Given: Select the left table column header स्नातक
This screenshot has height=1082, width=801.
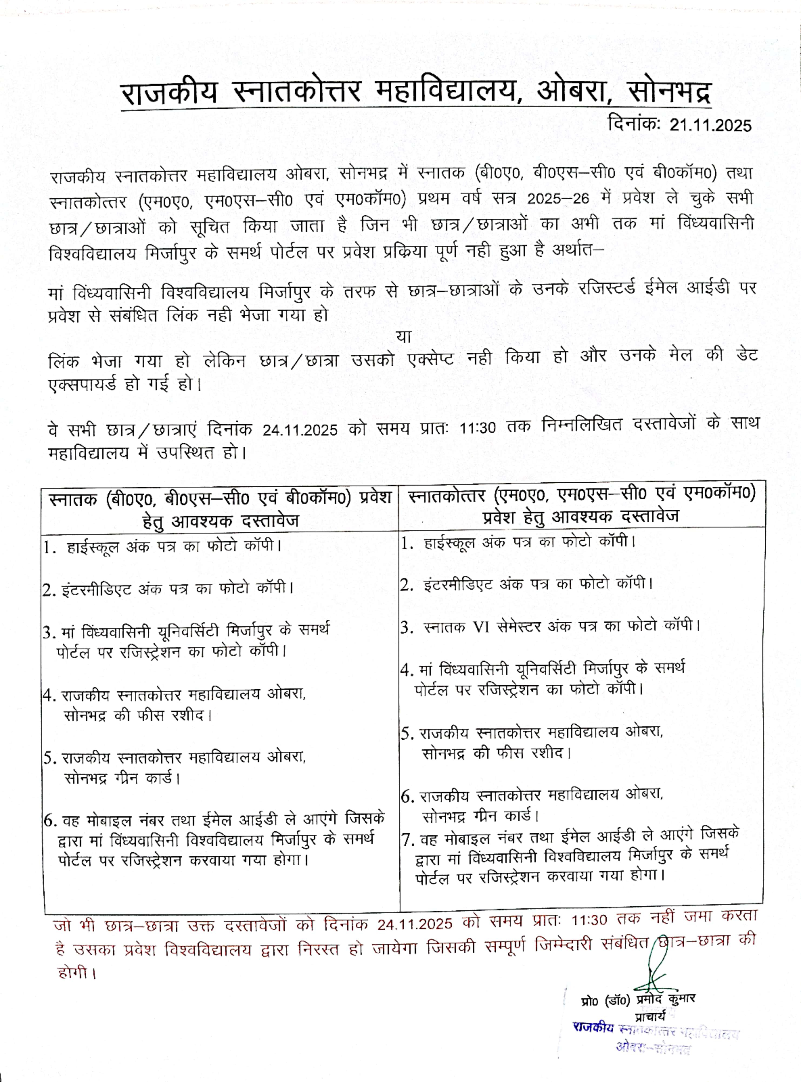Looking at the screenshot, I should click(x=75, y=499).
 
